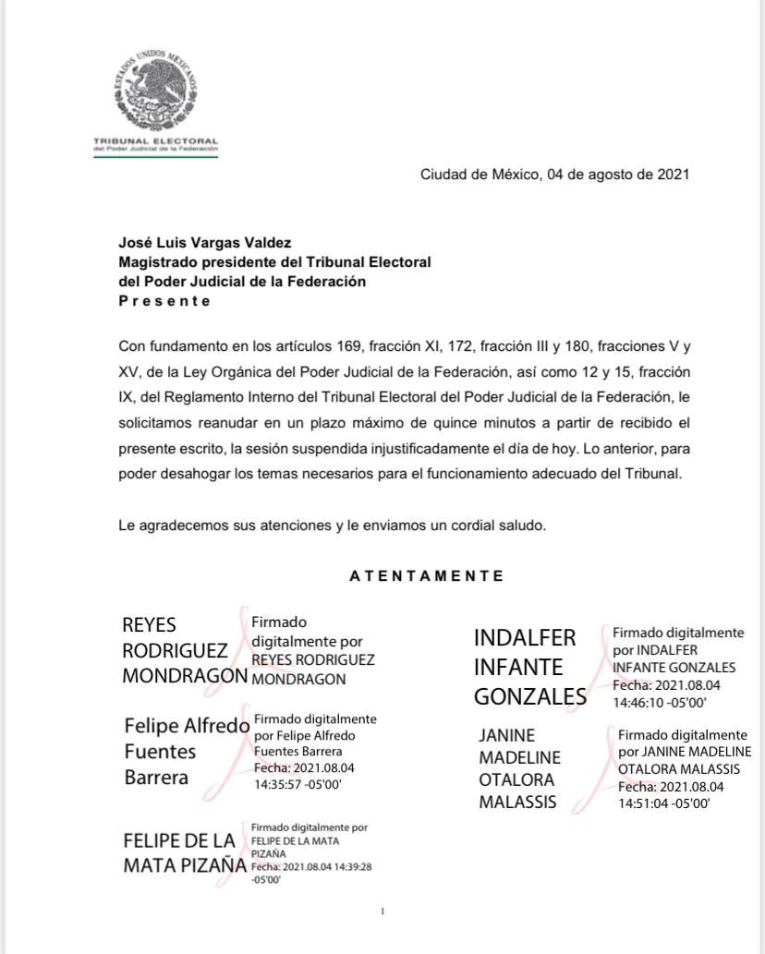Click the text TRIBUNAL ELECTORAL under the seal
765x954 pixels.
pos(156,140)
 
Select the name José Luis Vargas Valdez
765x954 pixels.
pos(204,243)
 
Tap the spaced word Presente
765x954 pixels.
pos(164,301)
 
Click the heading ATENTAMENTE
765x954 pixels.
pos(427,575)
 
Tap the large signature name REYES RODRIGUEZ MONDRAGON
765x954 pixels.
pos(185,650)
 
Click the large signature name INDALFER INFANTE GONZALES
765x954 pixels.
pos(529,667)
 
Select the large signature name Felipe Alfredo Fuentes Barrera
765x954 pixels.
pos(186,751)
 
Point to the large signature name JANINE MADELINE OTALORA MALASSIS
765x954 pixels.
pos(519,769)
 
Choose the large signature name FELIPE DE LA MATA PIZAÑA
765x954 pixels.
pos(185,854)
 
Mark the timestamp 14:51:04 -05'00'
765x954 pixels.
pos(663,803)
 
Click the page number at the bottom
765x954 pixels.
pos(382,912)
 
